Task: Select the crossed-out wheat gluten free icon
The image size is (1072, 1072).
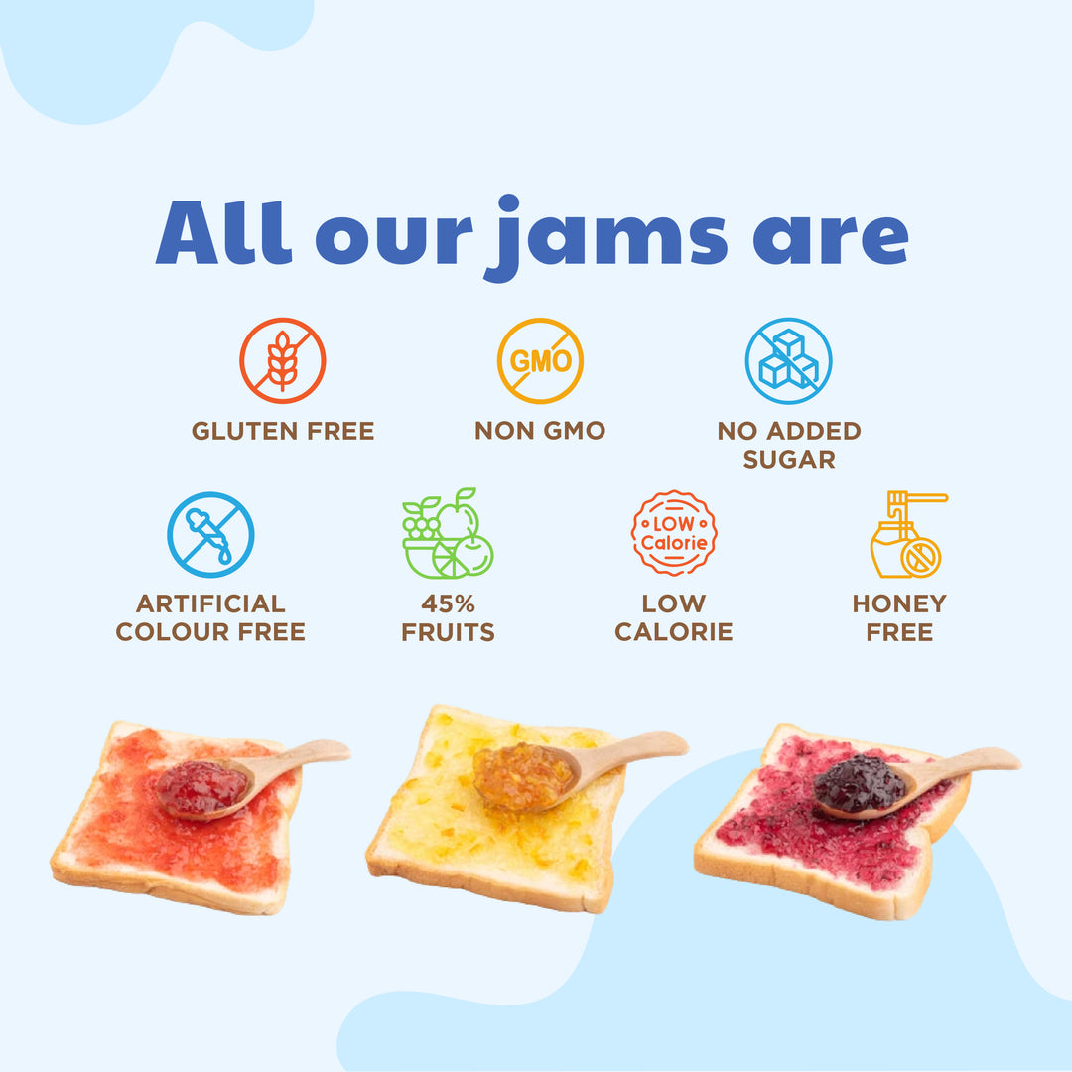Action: tap(283, 360)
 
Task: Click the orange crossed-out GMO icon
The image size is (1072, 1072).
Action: tap(540, 360)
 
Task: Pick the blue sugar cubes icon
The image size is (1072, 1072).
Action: tap(789, 360)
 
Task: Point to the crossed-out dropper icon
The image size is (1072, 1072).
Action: tap(210, 535)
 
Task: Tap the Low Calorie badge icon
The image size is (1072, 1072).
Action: tap(674, 534)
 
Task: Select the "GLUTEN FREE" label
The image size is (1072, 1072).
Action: tap(283, 431)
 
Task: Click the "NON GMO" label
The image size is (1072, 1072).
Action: tap(540, 431)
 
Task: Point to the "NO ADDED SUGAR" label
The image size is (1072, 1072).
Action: tap(789, 445)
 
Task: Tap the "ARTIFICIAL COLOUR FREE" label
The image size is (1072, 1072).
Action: tap(210, 617)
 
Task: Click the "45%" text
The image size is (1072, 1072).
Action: tap(448, 603)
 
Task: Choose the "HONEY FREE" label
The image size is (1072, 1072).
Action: tap(899, 617)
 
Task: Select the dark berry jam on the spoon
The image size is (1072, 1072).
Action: tap(860, 785)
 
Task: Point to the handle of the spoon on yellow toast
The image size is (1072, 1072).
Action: tap(640, 747)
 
